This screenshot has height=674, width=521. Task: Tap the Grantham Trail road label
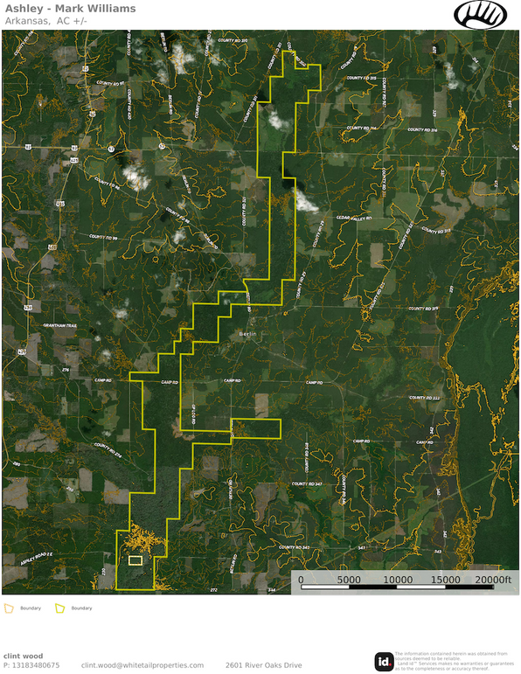(x=59, y=327)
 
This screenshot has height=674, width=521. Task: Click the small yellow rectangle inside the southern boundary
(x=135, y=560)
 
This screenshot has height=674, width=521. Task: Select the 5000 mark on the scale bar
(x=349, y=579)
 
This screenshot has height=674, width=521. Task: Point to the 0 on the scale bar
(x=301, y=579)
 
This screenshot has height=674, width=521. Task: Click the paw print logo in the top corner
(x=480, y=14)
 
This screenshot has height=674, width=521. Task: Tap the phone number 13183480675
(x=35, y=665)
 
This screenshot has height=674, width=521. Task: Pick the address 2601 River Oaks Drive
(x=263, y=665)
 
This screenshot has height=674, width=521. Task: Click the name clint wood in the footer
(x=24, y=655)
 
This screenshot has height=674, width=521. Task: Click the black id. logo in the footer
(x=383, y=662)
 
